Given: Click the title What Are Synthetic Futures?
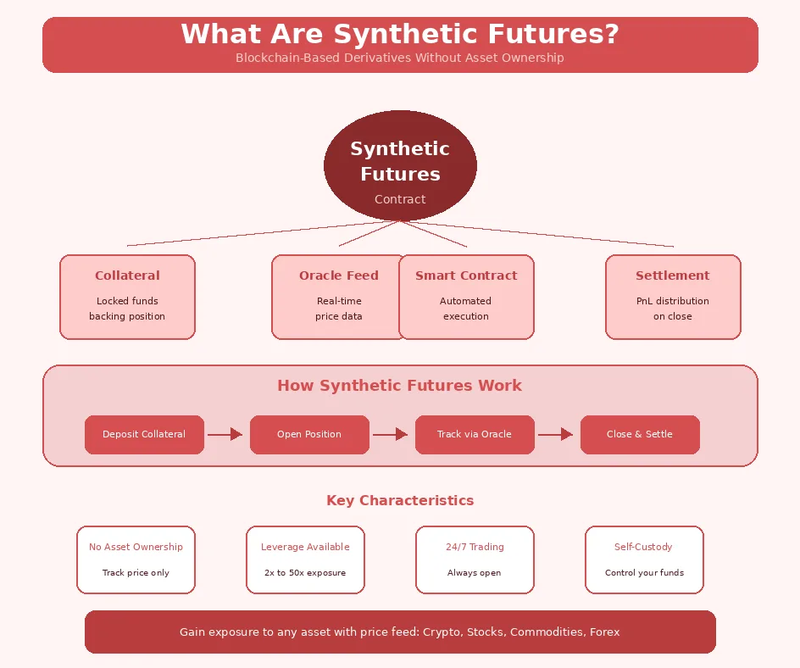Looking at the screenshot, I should [x=400, y=35].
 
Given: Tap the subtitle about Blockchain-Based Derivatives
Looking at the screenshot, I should [x=400, y=58].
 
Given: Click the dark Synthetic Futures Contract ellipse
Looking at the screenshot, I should [x=400, y=165].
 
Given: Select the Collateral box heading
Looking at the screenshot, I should [x=127, y=276].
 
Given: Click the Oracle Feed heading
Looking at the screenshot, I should [x=338, y=276].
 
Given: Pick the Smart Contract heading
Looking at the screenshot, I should [x=466, y=276].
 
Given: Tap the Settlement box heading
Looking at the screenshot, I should [x=673, y=276].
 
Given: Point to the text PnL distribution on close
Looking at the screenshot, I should [x=673, y=309].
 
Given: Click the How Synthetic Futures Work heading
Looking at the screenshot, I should [x=400, y=386].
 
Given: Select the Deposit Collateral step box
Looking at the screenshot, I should [x=144, y=434].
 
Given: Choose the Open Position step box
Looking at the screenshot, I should [x=309, y=434].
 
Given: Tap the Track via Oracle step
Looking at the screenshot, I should [x=475, y=434].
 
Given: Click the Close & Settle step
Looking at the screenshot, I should [x=640, y=434].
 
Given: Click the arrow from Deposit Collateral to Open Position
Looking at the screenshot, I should [x=225, y=434].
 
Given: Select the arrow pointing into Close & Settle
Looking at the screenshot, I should [x=556, y=434].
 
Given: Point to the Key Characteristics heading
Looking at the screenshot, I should [x=400, y=500].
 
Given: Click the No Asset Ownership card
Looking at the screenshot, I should [x=136, y=559].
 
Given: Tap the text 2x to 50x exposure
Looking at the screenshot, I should [x=305, y=573].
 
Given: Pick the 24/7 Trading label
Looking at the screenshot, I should [x=475, y=547].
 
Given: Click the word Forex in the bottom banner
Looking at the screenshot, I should [x=604, y=632].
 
